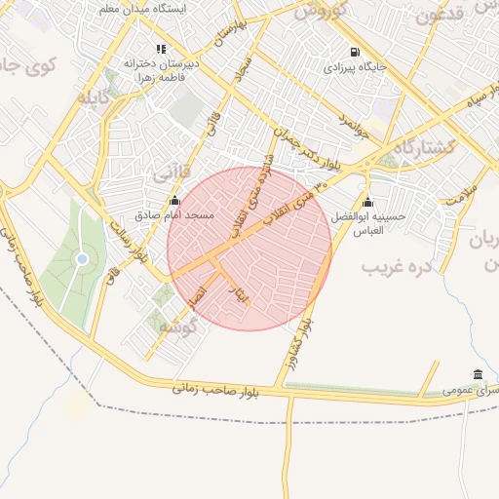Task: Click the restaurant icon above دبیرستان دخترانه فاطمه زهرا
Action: coord(161,48)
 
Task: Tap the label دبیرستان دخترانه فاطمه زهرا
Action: coord(163,70)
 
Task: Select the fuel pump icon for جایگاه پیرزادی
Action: coord(352,53)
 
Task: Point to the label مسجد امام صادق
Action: coord(176,214)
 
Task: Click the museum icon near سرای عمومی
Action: coord(477,375)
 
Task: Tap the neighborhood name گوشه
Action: coord(178,326)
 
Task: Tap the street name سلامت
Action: coord(460,192)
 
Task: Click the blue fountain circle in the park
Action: coord(82,258)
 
